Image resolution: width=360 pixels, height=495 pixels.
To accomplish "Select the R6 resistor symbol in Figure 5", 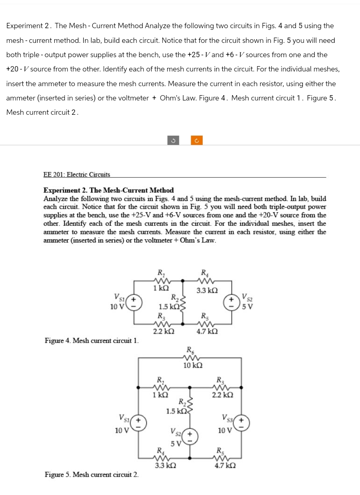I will (190, 357).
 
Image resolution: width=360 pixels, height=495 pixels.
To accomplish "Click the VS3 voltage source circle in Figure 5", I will (241, 424).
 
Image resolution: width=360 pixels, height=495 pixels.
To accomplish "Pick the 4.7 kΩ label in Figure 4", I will (207, 331).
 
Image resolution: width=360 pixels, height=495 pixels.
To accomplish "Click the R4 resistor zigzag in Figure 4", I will (203, 281).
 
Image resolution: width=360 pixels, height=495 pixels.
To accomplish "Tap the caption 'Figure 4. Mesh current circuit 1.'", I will (92, 340).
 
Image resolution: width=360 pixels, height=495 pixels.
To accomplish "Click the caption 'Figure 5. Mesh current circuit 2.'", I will (92, 475).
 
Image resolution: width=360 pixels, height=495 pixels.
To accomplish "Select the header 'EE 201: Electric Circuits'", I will (76, 174).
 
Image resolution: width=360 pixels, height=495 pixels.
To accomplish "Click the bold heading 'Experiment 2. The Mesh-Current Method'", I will (108, 190).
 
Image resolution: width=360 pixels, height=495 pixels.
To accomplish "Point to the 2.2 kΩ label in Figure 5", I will (223, 395).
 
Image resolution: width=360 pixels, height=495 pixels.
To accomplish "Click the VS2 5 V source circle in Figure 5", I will (189, 436).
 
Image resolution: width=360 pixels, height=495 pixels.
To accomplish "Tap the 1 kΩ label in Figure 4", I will (161, 288).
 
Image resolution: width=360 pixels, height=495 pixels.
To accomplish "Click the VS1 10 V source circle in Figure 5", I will (139, 424).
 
